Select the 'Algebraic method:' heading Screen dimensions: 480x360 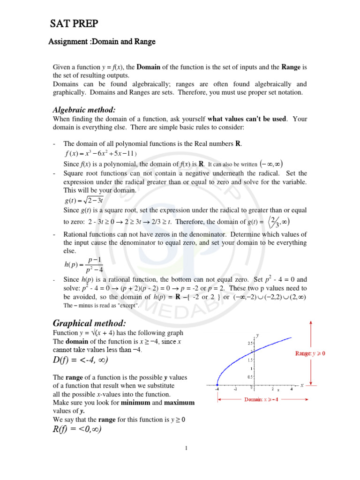pyautogui.click(x=83, y=110)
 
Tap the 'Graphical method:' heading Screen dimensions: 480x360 pyautogui.click(x=89, y=323)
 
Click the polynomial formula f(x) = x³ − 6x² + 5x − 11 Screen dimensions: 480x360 pyautogui.click(x=99, y=154)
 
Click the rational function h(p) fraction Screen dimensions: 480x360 pyautogui.click(x=83, y=264)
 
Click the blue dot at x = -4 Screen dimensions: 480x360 pyautogui.click(x=217, y=385)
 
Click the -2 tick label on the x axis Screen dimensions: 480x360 pyautogui.click(x=235, y=389)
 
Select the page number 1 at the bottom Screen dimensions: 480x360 pyautogui.click(x=186, y=448)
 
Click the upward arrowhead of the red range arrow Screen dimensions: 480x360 pyautogui.click(x=310, y=322)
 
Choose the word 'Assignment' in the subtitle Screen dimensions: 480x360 pyautogui.click(x=67, y=42)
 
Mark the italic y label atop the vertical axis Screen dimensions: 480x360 pyautogui.click(x=257, y=335)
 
